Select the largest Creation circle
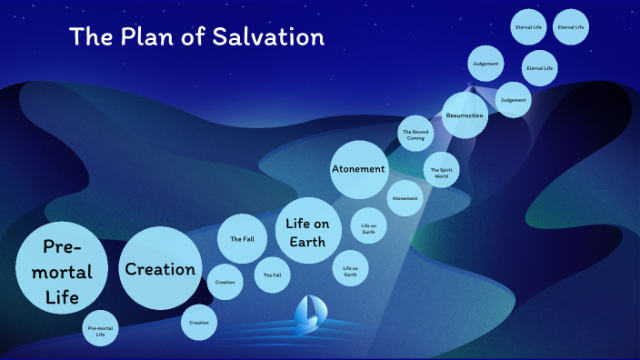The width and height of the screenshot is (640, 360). click(x=160, y=269)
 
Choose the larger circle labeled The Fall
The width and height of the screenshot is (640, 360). click(x=242, y=239)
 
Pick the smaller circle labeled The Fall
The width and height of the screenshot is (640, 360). click(x=272, y=275)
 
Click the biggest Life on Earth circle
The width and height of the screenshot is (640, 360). click(x=307, y=230)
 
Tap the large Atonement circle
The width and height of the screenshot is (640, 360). click(x=358, y=169)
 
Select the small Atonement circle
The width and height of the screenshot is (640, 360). click(x=405, y=198)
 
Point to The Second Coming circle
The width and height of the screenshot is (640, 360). click(x=416, y=135)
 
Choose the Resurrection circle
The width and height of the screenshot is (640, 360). click(x=465, y=115)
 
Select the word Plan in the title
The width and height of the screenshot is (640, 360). click(x=149, y=38)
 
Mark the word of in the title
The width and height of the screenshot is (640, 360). click(x=196, y=38)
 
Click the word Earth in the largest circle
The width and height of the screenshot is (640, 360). click(x=307, y=241)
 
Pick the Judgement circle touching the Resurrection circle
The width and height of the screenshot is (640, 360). click(x=513, y=99)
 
